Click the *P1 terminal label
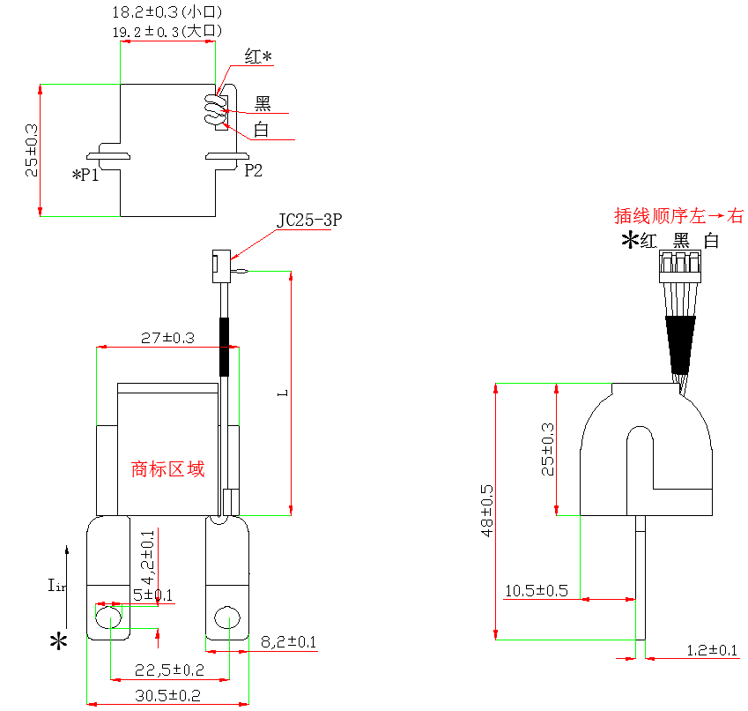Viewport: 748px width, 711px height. (85, 175)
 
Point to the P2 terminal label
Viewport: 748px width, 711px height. (253, 170)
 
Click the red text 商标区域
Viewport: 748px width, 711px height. (167, 468)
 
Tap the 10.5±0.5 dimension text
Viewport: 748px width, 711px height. (536, 590)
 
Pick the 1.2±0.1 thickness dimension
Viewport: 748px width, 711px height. (711, 650)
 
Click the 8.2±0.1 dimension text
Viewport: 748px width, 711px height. (289, 642)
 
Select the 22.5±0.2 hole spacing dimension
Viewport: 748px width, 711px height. (169, 670)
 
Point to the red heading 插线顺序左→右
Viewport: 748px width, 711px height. (678, 215)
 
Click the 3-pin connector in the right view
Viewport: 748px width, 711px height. (680, 261)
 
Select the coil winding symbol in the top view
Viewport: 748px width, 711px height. (212, 109)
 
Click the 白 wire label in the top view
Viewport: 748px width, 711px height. (262, 131)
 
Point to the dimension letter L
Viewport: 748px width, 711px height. (280, 392)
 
